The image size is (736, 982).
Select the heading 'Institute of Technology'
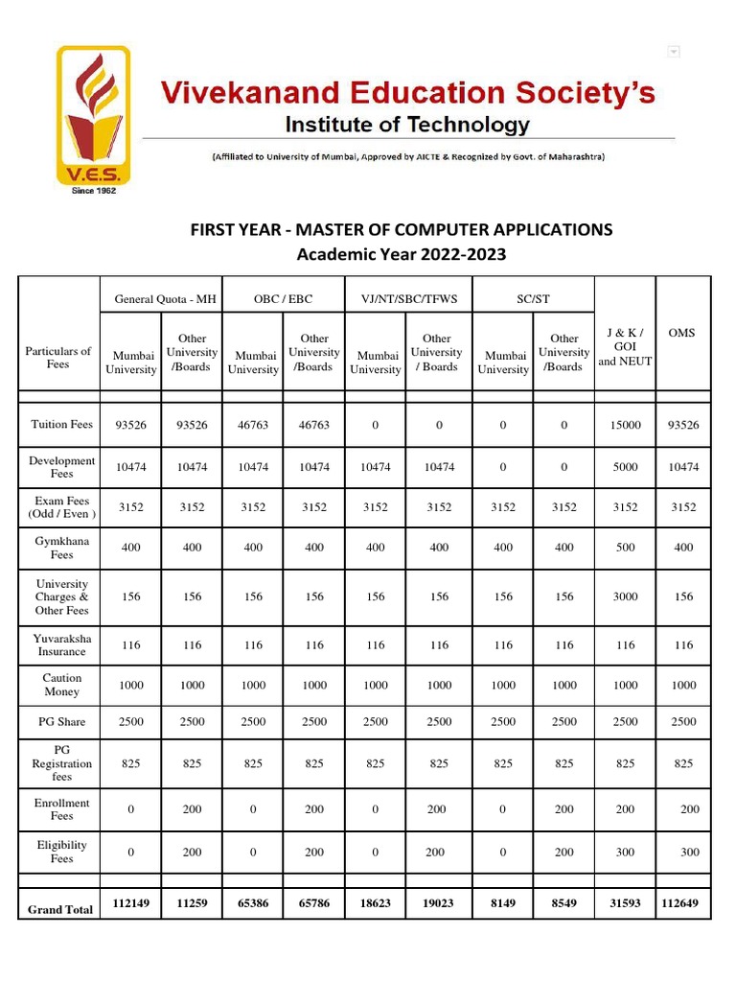tap(407, 125)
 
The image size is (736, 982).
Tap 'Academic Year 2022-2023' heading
tap(401, 254)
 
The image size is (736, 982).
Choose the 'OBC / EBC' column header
tap(283, 299)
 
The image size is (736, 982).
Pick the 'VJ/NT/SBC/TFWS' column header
tap(409, 299)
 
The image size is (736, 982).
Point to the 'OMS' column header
tap(682, 333)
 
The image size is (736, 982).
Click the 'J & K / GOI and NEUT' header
tap(625, 346)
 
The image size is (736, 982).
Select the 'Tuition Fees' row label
tap(61, 424)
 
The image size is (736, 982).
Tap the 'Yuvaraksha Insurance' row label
tap(61, 644)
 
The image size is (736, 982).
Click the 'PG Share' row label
tap(61, 722)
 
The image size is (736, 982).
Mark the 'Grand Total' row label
tap(60, 909)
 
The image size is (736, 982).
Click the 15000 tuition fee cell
tap(625, 425)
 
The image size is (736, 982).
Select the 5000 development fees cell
tap(625, 467)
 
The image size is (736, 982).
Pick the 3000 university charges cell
tap(625, 596)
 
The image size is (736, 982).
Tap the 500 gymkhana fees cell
tap(625, 548)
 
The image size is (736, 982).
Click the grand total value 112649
tap(683, 903)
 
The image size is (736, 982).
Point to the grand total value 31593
tap(625, 903)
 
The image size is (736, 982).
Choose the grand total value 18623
tap(376, 903)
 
